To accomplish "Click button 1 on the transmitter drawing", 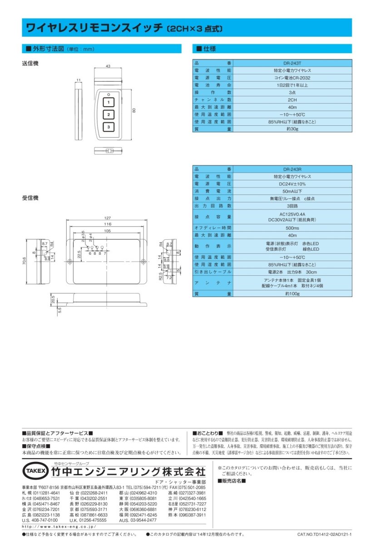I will click(x=109, y=102).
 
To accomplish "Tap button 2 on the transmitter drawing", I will click(x=109, y=114).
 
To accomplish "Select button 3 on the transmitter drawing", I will click(x=109, y=127).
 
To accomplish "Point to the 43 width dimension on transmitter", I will click(x=108, y=66).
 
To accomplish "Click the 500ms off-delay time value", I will click(x=292, y=228).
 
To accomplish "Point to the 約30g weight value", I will click(x=292, y=129).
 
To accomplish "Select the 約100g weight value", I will click(x=292, y=294).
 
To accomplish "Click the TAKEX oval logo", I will click(x=35, y=471).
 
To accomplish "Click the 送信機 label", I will click(x=30, y=63).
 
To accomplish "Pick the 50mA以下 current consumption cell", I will click(x=292, y=191).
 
